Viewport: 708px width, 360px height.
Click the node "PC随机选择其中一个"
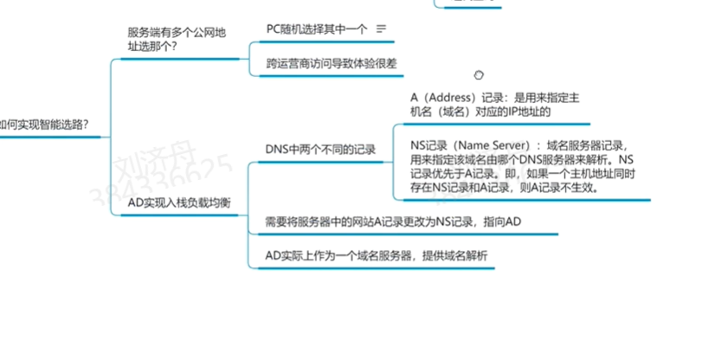(x=316, y=29)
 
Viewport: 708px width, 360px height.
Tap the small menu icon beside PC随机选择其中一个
(x=382, y=29)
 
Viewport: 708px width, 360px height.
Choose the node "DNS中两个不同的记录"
(x=321, y=149)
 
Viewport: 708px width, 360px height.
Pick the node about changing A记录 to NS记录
(x=393, y=222)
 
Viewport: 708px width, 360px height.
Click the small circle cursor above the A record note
(x=480, y=75)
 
